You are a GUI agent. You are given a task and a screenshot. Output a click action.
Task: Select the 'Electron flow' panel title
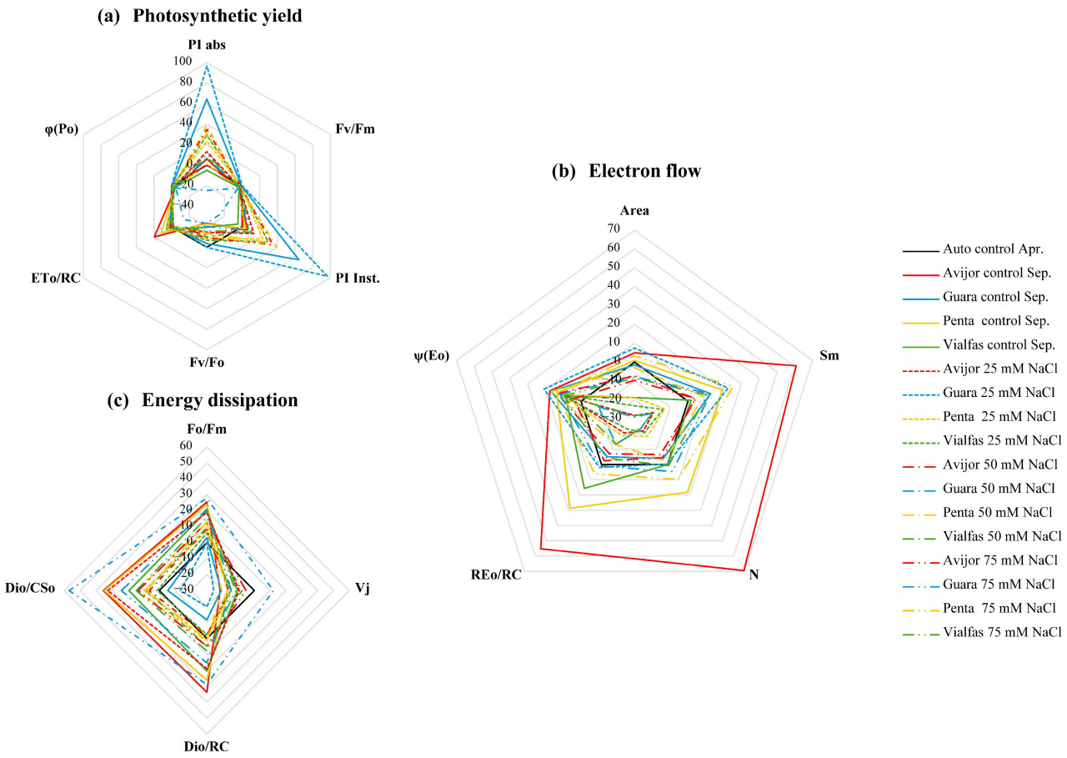[644, 171]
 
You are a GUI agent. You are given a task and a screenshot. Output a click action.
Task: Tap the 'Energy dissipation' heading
[219, 400]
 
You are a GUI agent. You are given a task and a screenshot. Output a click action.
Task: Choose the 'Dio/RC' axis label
[205, 746]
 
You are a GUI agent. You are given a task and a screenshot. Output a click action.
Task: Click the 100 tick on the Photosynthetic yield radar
[183, 62]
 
